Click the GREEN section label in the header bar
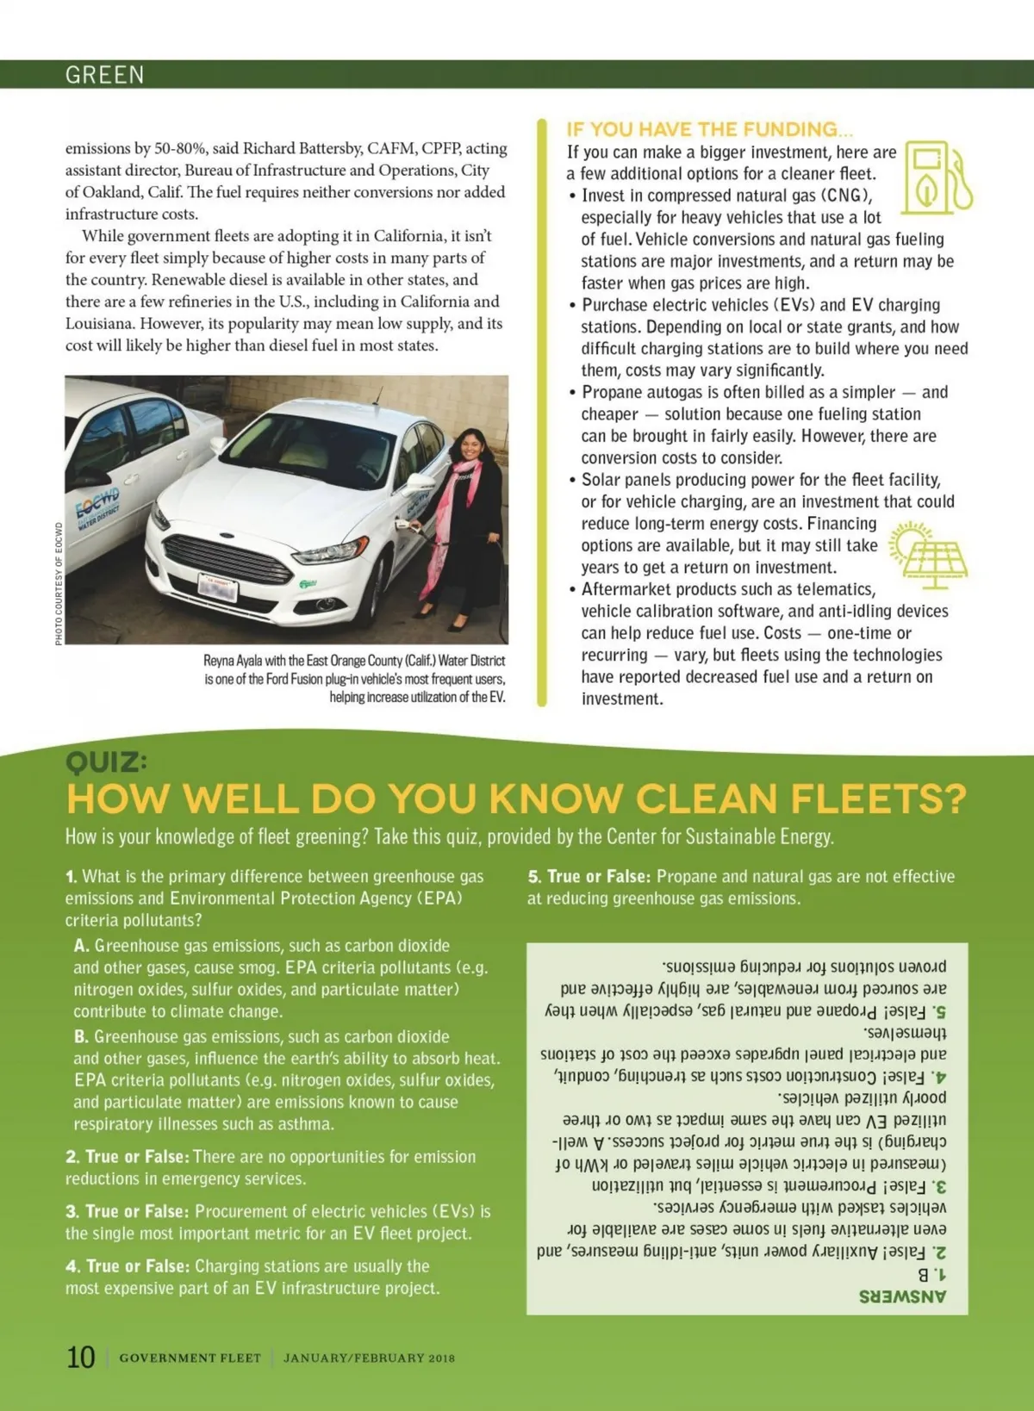point(104,75)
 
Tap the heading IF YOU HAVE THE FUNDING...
point(709,129)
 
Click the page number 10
point(81,1357)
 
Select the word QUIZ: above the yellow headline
point(106,761)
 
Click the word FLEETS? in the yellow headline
point(878,799)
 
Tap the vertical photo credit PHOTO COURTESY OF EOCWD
point(59,583)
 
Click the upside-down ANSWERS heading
point(902,1296)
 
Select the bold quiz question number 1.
point(71,877)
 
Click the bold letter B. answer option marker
point(82,1036)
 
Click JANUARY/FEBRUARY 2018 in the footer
point(369,1358)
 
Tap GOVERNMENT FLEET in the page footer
point(190,1358)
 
